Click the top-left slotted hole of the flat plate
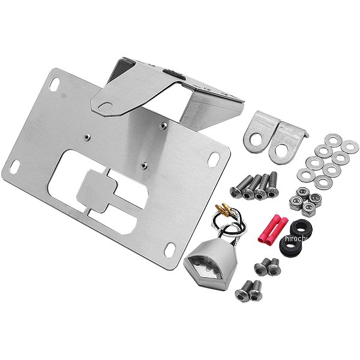tap(55, 83)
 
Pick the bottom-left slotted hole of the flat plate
tap(14, 166)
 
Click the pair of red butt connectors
tap(273, 229)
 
